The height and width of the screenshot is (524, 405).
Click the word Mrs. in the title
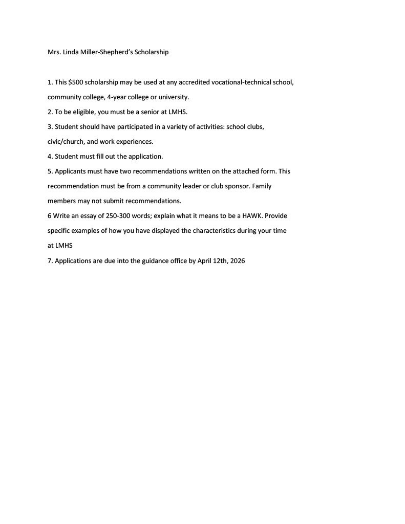pyautogui.click(x=54, y=52)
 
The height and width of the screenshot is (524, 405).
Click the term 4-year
pyautogui.click(x=116, y=97)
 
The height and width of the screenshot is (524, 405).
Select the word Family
pyautogui.click(x=262, y=186)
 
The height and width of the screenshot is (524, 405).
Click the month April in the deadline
pyautogui.click(x=204, y=260)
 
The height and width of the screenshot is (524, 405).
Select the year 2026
pyautogui.click(x=238, y=260)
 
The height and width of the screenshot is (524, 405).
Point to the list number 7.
pyautogui.click(x=50, y=260)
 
